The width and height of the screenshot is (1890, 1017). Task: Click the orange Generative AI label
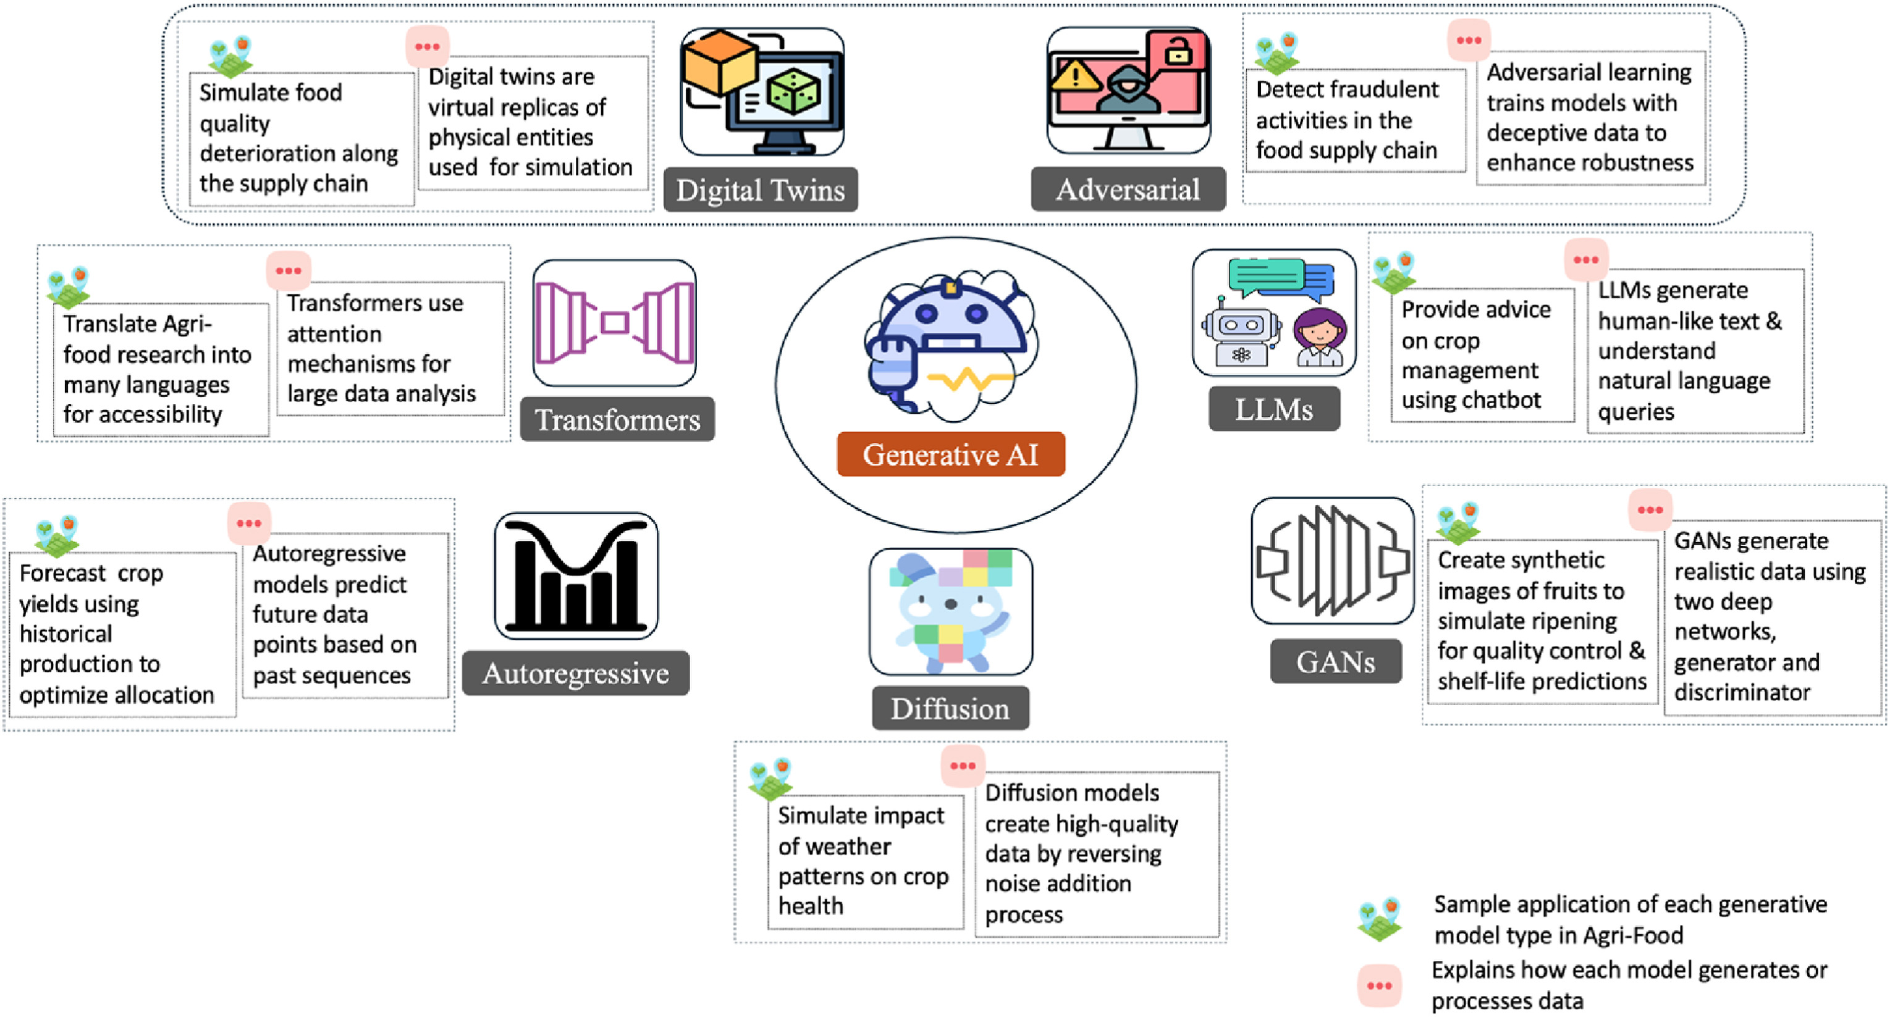950,454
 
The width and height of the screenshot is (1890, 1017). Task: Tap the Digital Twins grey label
760,190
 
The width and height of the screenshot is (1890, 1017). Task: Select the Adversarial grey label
1128,189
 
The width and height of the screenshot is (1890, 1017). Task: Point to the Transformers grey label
617,419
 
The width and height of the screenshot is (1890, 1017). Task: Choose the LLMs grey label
1274,409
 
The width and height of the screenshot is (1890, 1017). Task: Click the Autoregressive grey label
575,673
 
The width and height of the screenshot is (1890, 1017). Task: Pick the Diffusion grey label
950,708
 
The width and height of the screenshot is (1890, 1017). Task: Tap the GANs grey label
1335,661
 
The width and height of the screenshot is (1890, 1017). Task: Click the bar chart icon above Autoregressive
576,576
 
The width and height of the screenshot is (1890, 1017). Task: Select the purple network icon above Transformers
614,322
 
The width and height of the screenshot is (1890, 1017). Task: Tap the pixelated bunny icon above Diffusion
950,611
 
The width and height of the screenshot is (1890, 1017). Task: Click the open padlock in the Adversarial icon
1178,51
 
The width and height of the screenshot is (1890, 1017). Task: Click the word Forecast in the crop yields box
62,574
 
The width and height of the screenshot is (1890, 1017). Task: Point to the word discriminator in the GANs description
1742,692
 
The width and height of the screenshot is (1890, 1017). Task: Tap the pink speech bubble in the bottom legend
1378,986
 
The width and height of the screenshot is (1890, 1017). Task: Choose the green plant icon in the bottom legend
1379,919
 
